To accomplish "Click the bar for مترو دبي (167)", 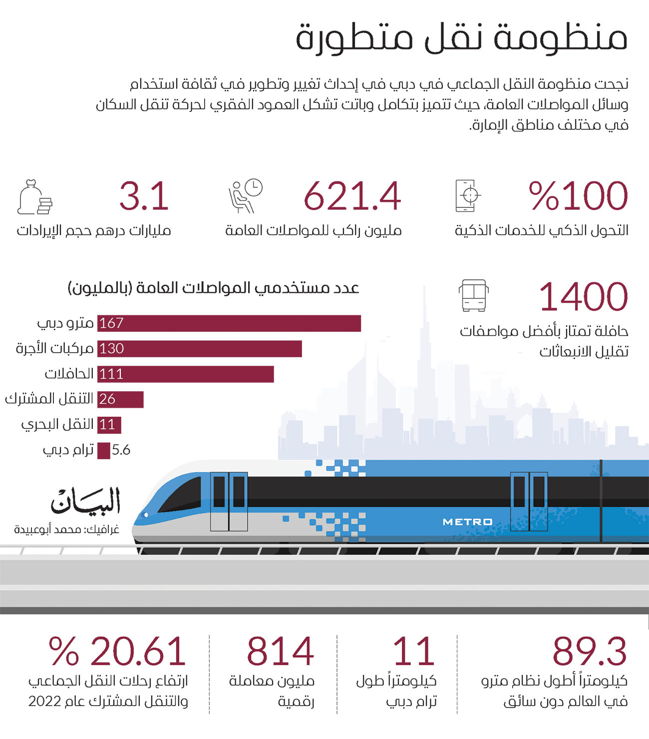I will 229,323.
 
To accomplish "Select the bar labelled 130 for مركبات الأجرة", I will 200,349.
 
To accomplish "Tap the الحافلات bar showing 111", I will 186,374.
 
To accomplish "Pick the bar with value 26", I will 120,399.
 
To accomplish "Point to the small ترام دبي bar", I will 103,451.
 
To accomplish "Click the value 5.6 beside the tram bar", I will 121,450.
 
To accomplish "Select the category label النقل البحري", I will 57,424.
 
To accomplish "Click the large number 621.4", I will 352,196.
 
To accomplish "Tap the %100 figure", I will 578,196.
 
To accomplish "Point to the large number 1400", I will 583,297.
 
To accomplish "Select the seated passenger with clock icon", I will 245,195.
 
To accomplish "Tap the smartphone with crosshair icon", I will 467,195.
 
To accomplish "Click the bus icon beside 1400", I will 473,296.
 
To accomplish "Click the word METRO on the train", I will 467,522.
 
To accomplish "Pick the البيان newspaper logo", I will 85,501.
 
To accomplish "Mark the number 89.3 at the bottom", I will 589,652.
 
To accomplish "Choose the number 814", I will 280,652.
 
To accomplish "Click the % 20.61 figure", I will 117,652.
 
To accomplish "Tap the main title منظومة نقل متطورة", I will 461,37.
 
